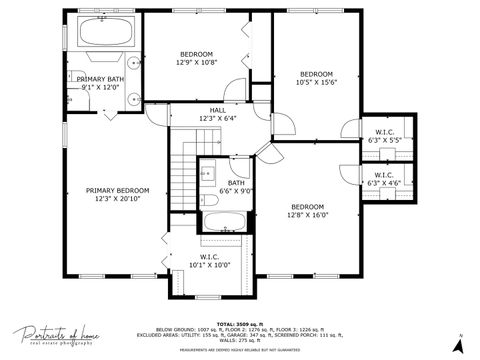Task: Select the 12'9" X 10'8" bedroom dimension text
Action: [x=196, y=62]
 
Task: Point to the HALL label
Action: [x=217, y=110]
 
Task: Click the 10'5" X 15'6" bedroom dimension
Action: [x=317, y=82]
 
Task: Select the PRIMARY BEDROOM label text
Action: [x=117, y=190]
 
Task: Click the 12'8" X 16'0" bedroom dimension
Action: [x=308, y=214]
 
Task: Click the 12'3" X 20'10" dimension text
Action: [x=117, y=198]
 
